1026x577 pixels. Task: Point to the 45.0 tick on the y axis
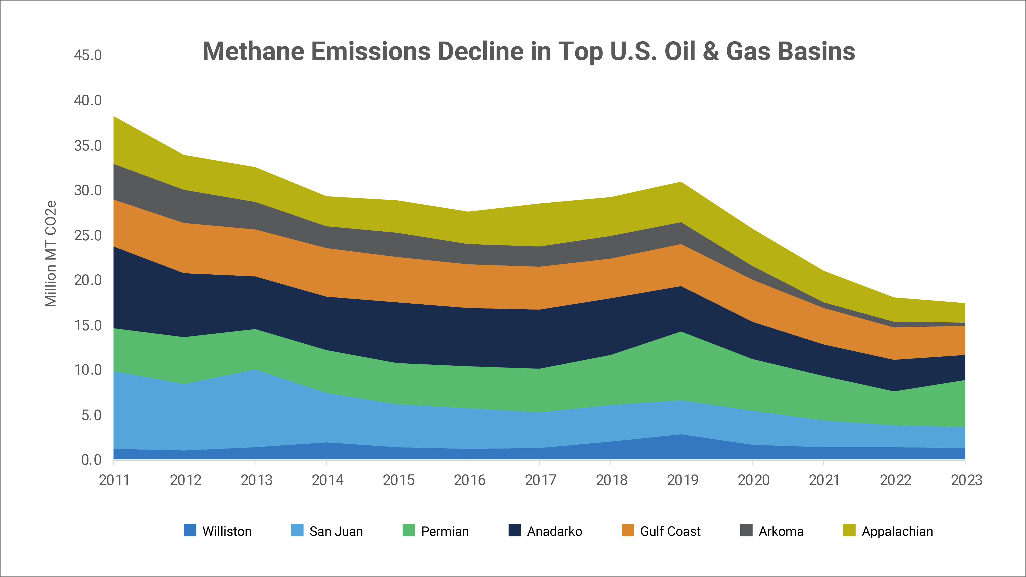[x=88, y=55]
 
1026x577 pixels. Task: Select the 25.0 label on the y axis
[x=88, y=235]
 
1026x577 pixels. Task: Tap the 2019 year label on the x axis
[x=682, y=480]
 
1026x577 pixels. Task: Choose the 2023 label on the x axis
[x=966, y=480]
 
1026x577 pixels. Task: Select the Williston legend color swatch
[x=190, y=530]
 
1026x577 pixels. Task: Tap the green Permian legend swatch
[x=409, y=530]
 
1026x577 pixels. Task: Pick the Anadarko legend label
[x=554, y=531]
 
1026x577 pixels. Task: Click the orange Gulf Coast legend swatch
[x=628, y=530]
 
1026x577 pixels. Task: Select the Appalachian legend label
[x=897, y=531]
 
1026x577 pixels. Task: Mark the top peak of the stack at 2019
[x=681, y=182]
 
